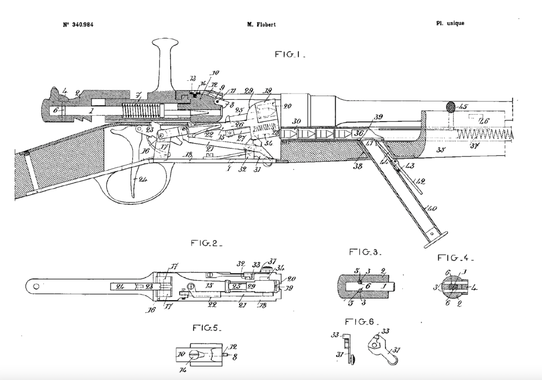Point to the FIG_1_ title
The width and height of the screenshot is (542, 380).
[x=290, y=54]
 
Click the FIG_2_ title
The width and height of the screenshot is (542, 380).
[x=206, y=244]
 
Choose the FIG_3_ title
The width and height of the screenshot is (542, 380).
[x=364, y=253]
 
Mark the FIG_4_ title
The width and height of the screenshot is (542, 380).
[x=455, y=258]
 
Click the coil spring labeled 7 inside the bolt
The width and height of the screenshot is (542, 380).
[x=140, y=112]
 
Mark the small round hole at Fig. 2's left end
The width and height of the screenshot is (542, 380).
[x=35, y=286]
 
